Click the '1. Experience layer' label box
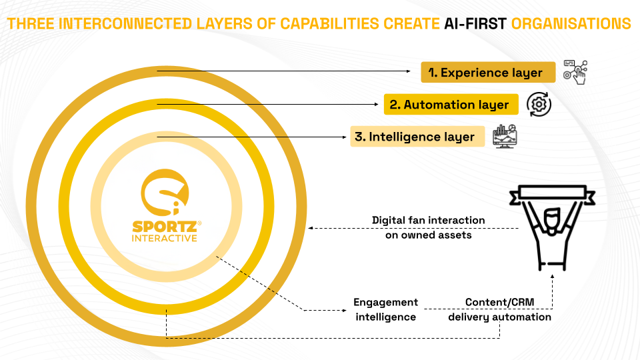coord(488,72)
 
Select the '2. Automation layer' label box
coord(451,105)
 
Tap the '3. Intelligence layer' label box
coord(417,136)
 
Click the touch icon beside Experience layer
coord(575,72)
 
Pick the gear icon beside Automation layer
coord(539,105)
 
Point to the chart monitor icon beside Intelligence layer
coord(505,136)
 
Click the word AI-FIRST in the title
coord(475,24)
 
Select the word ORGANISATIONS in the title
coord(571,24)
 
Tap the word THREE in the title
coord(31,24)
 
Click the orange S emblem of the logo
coord(165,192)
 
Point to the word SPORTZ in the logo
coord(165,227)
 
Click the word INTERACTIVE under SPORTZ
coord(165,238)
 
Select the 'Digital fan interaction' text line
coord(429,220)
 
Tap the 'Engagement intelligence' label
coord(386,309)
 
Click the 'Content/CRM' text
coord(499,302)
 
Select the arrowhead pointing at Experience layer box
coord(409,71)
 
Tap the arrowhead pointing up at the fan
coord(552,276)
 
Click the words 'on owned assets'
coord(429,235)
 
